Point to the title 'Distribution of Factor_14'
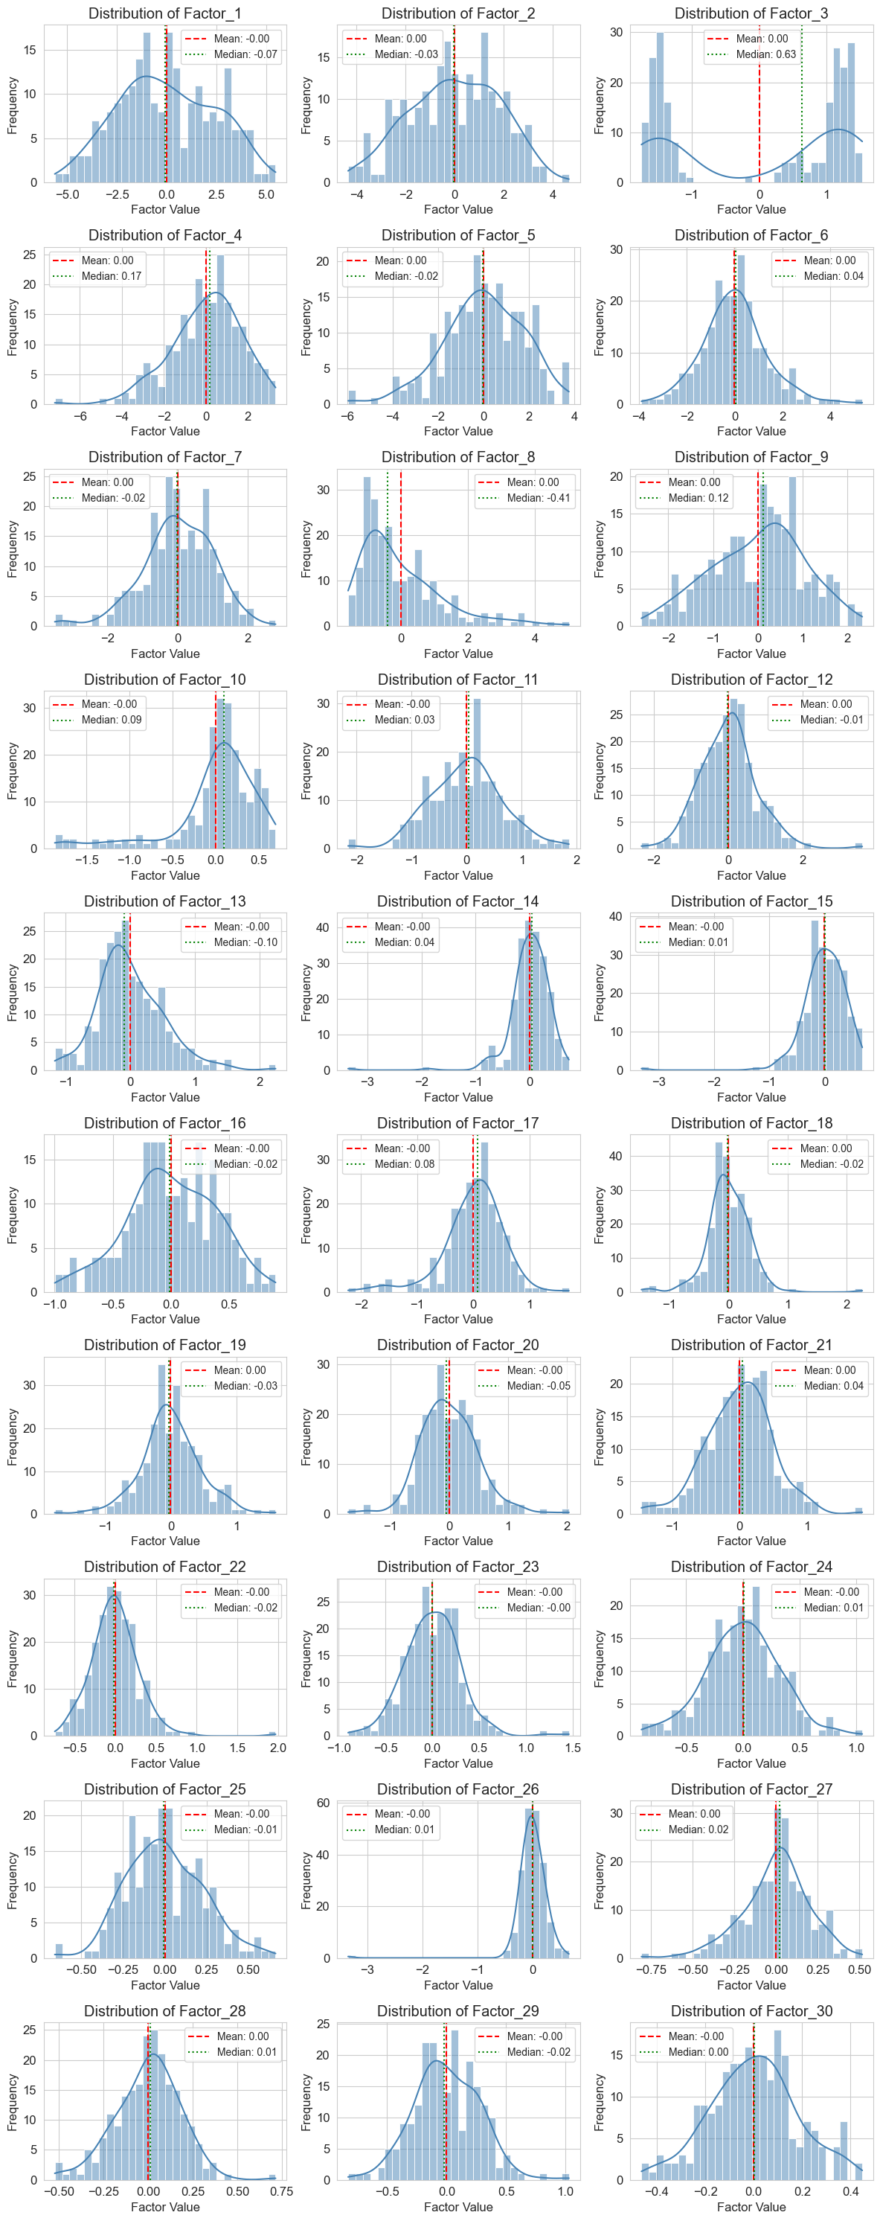point(457,901)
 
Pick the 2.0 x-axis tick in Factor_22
point(277,1748)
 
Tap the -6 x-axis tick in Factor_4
point(80,417)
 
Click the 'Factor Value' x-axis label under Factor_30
point(751,2207)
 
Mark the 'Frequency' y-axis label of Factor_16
point(12,1215)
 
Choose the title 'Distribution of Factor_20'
point(457,1345)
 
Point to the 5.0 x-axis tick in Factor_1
point(266,195)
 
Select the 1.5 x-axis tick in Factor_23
point(572,1748)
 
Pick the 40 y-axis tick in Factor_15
point(616,916)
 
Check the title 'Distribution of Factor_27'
point(751,1789)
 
